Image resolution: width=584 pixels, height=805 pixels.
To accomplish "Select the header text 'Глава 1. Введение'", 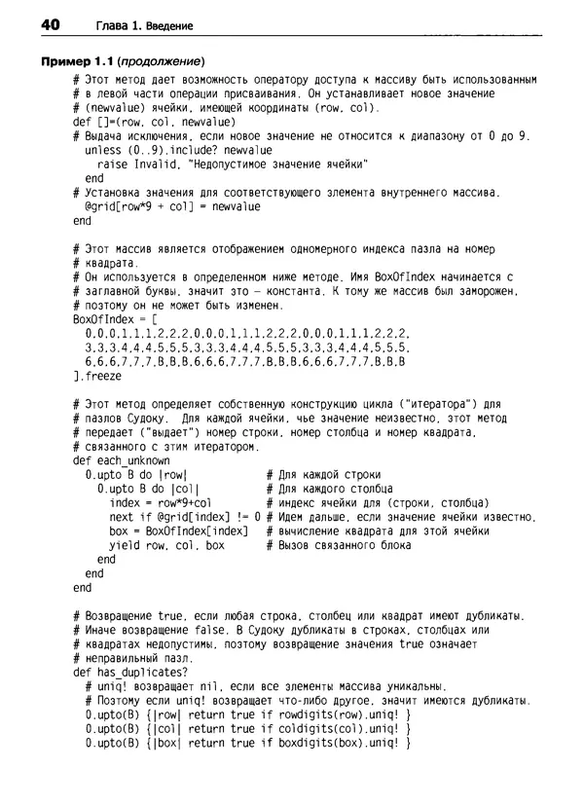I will tap(144, 24).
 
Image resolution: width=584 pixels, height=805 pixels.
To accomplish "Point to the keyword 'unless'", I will tap(103, 151).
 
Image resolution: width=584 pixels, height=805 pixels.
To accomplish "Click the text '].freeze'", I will tap(97, 375).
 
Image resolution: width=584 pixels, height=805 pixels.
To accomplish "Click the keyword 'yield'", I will tap(126, 545).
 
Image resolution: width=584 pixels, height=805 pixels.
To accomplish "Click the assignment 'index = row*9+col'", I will tap(161, 502).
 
